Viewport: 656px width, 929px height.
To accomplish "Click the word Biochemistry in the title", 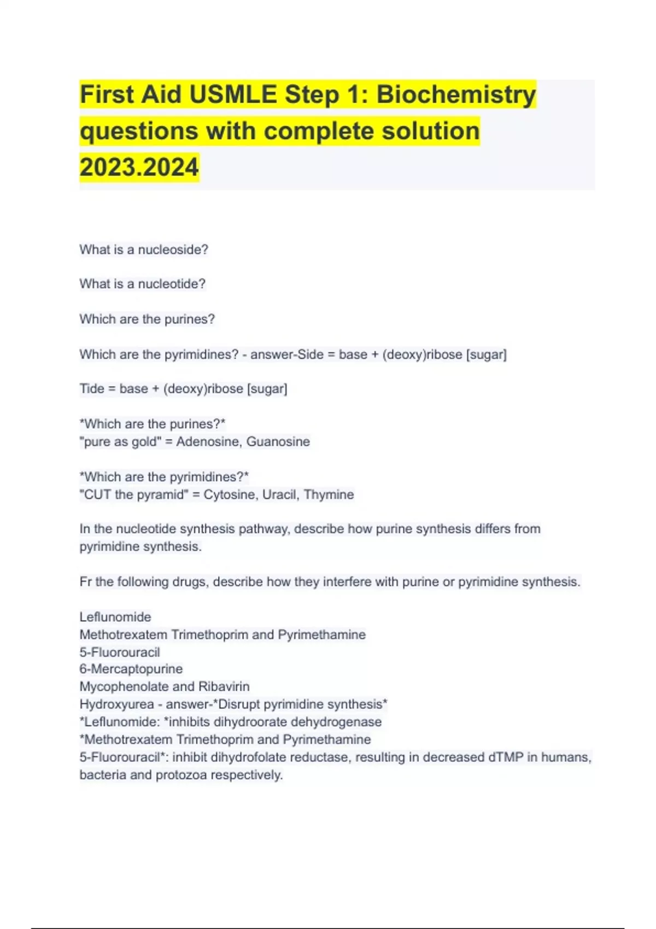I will [x=456, y=95].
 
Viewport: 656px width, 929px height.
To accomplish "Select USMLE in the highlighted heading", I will [x=233, y=95].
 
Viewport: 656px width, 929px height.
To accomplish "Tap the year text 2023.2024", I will [x=139, y=167].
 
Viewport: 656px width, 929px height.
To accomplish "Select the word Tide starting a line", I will [x=91, y=389].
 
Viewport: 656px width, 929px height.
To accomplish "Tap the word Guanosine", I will [x=278, y=442].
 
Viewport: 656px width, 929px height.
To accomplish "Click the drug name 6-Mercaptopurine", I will [x=131, y=669].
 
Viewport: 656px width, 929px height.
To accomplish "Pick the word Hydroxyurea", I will [x=116, y=704].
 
